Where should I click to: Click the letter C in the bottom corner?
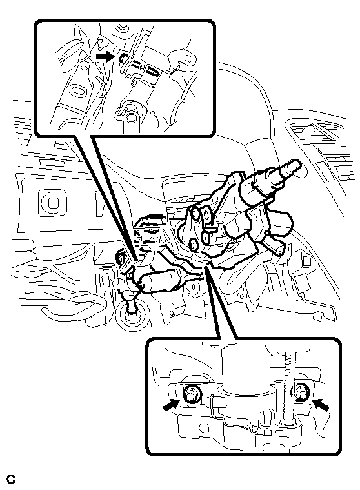(11, 479)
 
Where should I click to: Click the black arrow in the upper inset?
(105, 57)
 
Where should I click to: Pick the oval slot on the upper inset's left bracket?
(77, 90)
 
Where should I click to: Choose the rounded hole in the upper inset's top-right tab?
(188, 59)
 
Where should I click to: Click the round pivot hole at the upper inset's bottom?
(132, 117)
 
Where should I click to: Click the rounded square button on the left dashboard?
(53, 203)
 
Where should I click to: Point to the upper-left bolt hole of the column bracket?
(195, 213)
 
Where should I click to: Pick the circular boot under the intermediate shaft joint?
(131, 315)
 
